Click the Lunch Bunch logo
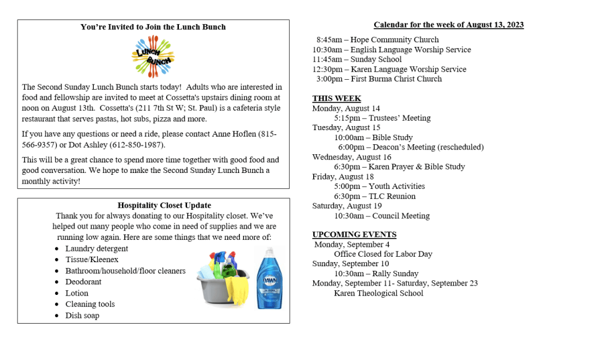point(152,56)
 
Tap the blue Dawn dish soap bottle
point(269,279)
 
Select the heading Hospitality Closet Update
point(164,205)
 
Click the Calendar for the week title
point(449,25)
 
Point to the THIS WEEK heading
point(337,99)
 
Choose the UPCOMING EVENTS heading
point(354,235)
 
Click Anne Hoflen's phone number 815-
point(267,134)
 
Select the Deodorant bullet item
point(83,282)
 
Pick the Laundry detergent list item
point(96,249)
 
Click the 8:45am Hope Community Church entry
point(378,40)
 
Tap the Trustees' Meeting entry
point(382,118)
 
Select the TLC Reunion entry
point(375,196)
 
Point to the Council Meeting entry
point(382,216)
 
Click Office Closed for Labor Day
point(383,254)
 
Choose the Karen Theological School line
point(378,293)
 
